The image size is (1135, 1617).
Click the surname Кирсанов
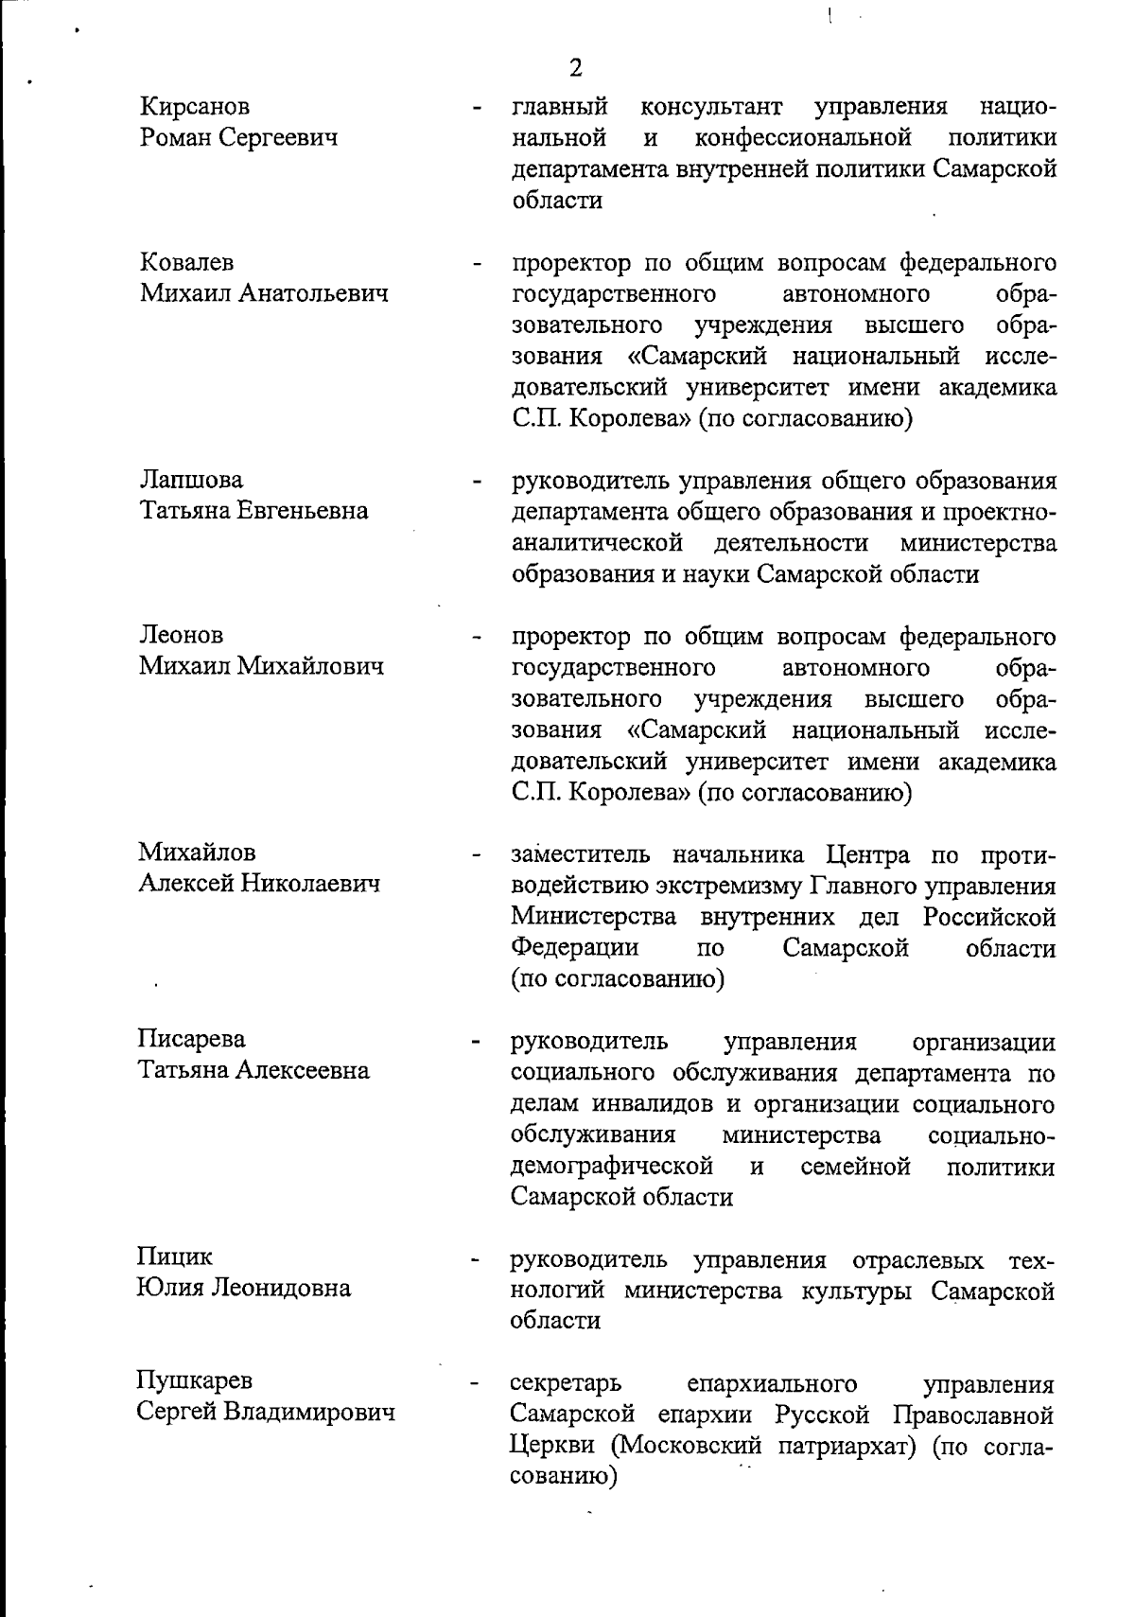[x=196, y=107]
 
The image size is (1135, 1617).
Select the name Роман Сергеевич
[x=238, y=138]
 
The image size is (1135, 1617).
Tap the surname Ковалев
[x=187, y=262]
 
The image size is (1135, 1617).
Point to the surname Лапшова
[x=191, y=480]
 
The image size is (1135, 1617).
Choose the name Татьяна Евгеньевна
[x=254, y=511]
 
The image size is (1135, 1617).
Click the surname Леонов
[x=182, y=635]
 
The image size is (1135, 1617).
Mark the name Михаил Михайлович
[x=262, y=666]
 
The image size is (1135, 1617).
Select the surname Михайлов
[x=198, y=852]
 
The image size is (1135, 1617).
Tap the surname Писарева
[x=192, y=1039]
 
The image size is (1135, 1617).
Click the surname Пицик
[x=176, y=1257]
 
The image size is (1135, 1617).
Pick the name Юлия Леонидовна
[x=244, y=1288]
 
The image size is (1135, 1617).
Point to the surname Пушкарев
[x=195, y=1380]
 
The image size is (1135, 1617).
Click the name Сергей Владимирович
[x=265, y=1413]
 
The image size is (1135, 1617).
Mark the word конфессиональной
[x=803, y=138]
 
